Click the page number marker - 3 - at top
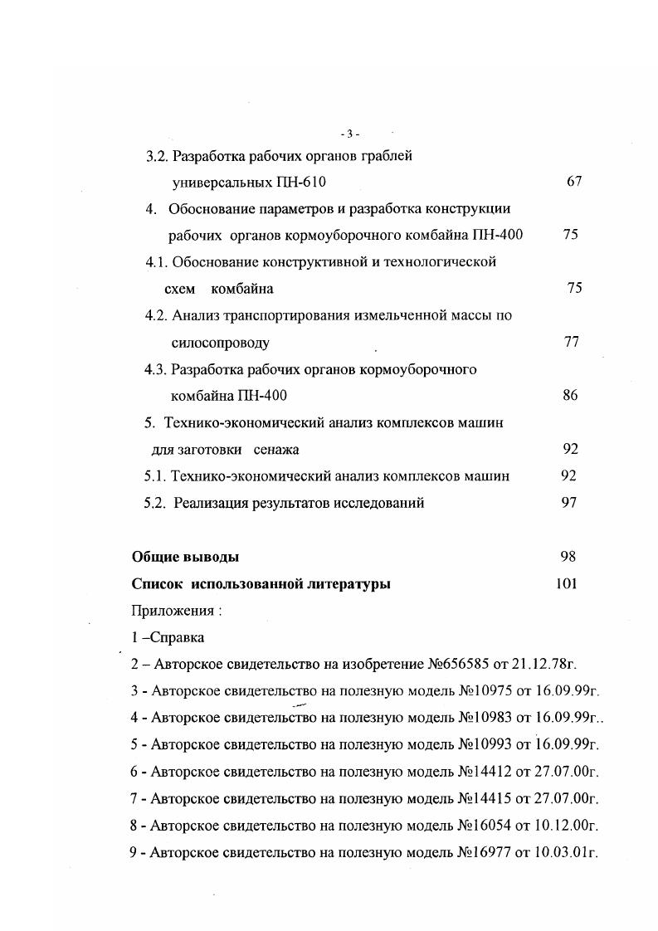pyautogui.click(x=349, y=134)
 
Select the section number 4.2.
pyautogui.click(x=156, y=315)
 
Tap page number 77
pyautogui.click(x=571, y=342)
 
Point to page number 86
pyautogui.click(x=570, y=396)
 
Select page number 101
pyautogui.click(x=566, y=584)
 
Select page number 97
pyautogui.click(x=568, y=503)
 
